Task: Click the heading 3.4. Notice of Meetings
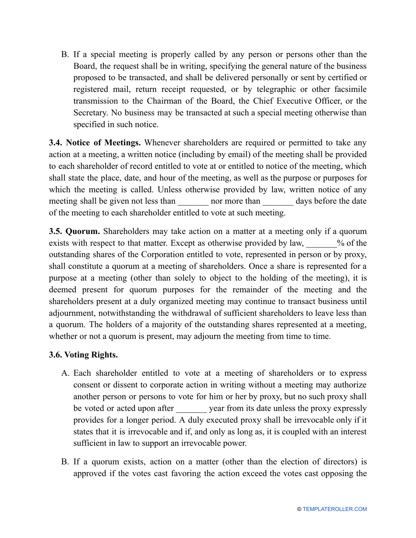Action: pos(95,143)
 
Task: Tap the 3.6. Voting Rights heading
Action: pos(83,355)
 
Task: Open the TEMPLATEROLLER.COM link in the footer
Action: pos(335,509)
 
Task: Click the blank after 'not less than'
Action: pos(193,202)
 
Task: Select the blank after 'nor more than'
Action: pos(278,202)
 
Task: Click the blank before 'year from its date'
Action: pos(191,409)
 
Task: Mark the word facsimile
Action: pos(349,90)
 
